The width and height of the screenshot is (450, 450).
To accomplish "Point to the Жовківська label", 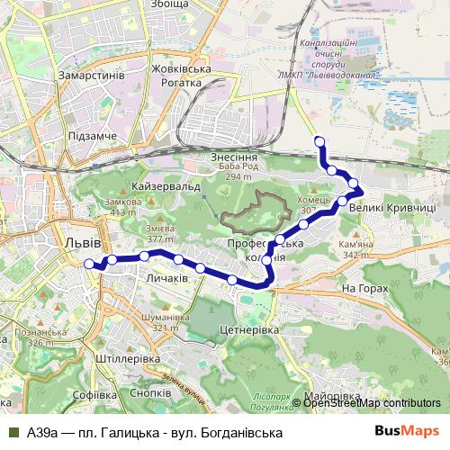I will (x=181, y=69).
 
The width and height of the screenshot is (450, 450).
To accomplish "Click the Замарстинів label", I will (x=90, y=76).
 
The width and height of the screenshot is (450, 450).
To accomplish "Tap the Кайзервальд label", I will (x=165, y=185).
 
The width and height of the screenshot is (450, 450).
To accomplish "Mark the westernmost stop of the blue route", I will (x=88, y=264).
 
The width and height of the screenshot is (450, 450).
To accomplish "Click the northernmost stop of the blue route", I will (x=319, y=139).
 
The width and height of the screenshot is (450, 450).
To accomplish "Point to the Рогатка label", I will (x=182, y=83).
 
